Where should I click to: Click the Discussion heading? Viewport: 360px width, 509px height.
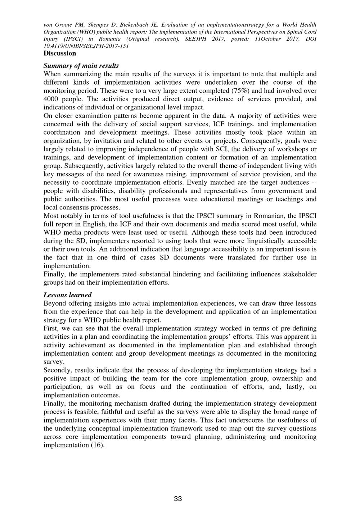60,53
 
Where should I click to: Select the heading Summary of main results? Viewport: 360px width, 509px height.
81,66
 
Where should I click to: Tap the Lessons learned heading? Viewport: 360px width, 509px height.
68,295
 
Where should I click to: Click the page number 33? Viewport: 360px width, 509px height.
178,499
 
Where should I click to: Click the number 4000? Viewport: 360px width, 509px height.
52,99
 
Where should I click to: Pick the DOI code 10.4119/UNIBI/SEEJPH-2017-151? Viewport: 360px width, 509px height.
86,46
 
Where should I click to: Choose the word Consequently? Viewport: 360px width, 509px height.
266,141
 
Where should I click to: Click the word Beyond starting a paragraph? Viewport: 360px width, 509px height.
54,303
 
